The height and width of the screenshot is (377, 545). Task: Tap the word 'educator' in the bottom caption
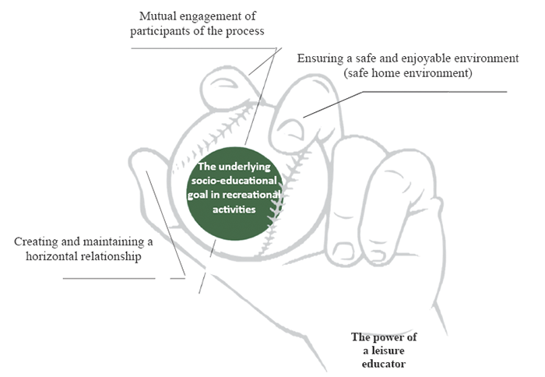[x=379, y=363]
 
